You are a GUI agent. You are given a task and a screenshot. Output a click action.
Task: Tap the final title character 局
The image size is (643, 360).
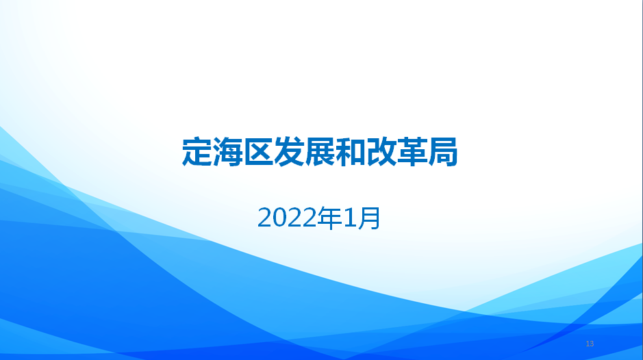pos(443,152)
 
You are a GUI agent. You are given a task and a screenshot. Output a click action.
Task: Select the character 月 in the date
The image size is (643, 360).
pos(369,218)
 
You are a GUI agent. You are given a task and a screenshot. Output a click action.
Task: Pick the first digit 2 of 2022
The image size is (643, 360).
pos(265,218)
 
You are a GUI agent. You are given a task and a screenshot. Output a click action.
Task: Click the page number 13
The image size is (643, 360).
pos(590,344)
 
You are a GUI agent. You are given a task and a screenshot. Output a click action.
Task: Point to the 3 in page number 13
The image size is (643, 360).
pos(592,344)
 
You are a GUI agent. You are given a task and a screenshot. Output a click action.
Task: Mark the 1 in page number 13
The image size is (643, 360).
pos(588,344)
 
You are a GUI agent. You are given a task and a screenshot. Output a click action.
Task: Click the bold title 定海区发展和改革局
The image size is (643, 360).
pos(320,152)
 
